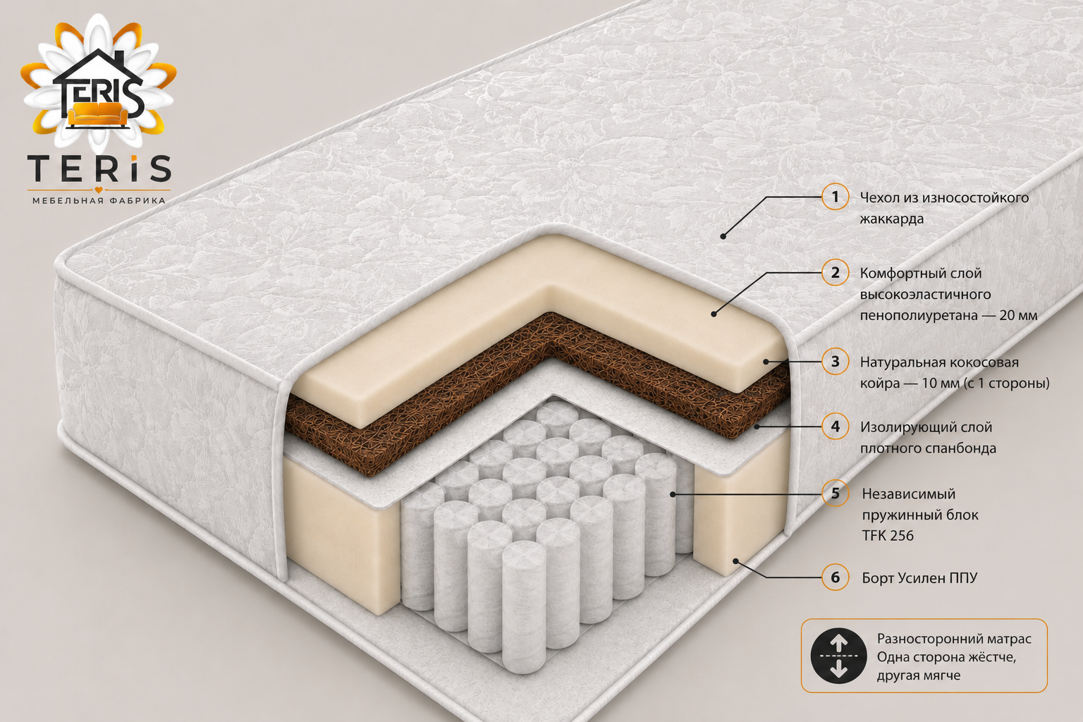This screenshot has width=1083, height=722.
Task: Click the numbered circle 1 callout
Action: (835, 197)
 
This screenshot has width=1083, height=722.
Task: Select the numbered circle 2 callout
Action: (835, 273)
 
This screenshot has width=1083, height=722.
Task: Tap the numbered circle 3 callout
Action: (835, 361)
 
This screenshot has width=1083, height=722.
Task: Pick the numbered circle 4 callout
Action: (835, 427)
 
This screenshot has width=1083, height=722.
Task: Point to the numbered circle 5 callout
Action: (835, 494)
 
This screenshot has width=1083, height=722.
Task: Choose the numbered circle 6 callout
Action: (835, 577)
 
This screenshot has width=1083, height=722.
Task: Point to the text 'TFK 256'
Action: (888, 535)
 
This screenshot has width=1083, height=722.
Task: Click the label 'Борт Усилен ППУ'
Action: (919, 578)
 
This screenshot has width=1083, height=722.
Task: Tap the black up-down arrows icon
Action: (839, 656)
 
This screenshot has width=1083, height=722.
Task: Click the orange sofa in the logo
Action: (98, 114)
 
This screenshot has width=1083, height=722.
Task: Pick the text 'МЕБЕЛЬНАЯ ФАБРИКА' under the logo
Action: (99, 200)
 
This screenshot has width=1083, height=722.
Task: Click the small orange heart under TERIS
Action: (99, 190)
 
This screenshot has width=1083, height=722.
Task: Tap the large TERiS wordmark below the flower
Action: (99, 167)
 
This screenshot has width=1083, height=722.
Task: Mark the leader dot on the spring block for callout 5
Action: (673, 494)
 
